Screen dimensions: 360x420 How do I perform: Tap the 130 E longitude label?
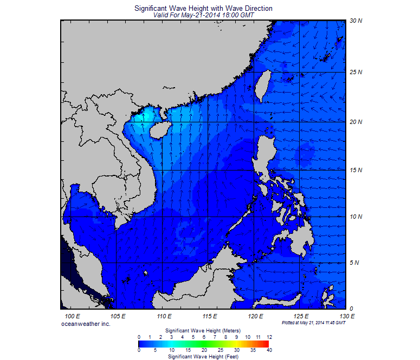point(347,316)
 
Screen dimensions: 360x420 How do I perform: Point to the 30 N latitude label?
point(356,21)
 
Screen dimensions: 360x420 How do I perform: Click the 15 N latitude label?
point(356,170)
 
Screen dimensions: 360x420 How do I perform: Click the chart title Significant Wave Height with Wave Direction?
point(203,9)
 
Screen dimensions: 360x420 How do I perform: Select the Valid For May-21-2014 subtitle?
point(203,15)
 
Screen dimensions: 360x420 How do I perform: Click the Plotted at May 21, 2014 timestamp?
point(314,322)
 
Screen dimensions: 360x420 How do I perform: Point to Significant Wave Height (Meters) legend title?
point(203,330)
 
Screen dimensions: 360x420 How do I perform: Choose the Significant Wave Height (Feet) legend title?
point(203,357)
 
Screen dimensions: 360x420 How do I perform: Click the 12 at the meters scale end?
point(269,337)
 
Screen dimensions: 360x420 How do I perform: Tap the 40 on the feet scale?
point(269,350)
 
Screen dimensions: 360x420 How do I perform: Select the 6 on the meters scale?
point(204,337)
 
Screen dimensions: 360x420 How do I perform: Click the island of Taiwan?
point(263,86)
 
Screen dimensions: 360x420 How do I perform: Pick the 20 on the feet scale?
point(204,350)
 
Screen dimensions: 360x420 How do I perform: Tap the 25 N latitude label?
point(356,72)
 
